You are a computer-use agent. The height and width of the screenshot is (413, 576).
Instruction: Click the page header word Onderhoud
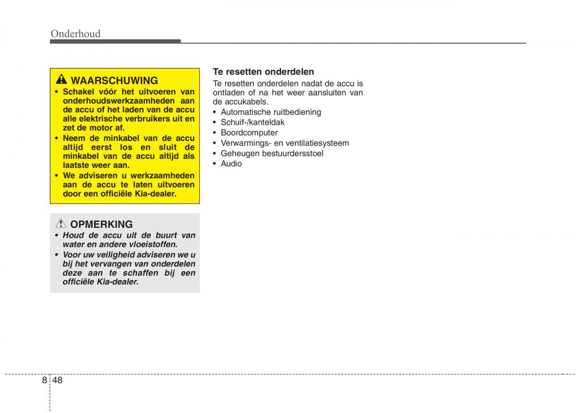[x=75, y=34]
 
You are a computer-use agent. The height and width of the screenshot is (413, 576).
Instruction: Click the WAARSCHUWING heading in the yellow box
[x=114, y=81]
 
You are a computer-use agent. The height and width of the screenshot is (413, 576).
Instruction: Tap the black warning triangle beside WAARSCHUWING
[x=61, y=80]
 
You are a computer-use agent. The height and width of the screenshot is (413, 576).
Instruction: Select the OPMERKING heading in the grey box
[x=101, y=224]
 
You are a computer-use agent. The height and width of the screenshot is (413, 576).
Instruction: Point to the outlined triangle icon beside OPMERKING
[x=61, y=224]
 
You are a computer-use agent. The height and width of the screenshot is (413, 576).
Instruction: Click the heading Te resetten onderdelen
[x=263, y=72]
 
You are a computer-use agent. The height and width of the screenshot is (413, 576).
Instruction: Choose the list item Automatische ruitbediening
[x=271, y=112]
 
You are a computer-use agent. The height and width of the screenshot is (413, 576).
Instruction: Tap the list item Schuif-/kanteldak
[x=252, y=122]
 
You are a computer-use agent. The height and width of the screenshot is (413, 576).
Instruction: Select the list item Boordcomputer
[x=249, y=133]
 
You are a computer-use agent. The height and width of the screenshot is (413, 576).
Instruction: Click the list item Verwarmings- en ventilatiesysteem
[x=285, y=143]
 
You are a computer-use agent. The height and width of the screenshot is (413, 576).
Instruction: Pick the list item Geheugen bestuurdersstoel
[x=272, y=153]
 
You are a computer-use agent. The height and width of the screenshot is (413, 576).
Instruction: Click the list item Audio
[x=231, y=164]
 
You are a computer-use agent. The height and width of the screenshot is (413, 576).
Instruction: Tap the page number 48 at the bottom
[x=58, y=380]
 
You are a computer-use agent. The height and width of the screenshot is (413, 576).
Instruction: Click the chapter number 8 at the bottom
[x=44, y=380]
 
